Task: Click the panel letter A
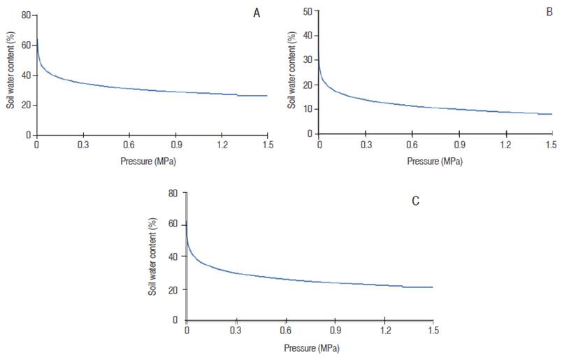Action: click(x=257, y=13)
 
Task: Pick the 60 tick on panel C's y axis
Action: click(x=176, y=225)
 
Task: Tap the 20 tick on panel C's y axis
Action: click(x=176, y=289)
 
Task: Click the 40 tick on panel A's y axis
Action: click(x=27, y=75)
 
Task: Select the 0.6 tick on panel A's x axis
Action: click(x=129, y=145)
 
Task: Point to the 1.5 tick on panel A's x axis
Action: click(x=266, y=145)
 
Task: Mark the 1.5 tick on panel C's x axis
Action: click(x=433, y=330)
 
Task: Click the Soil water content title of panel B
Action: click(x=291, y=71)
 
